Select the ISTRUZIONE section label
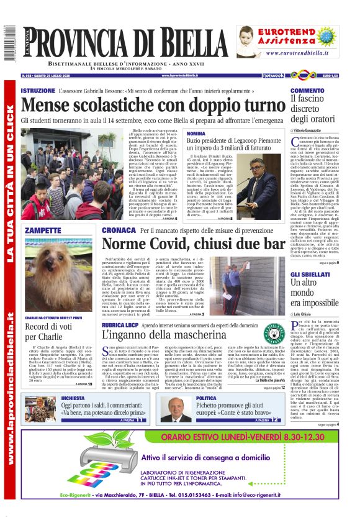[38, 91]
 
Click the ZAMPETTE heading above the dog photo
[42, 230]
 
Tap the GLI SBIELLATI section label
[308, 274]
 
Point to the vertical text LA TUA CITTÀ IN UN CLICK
[11, 186]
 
